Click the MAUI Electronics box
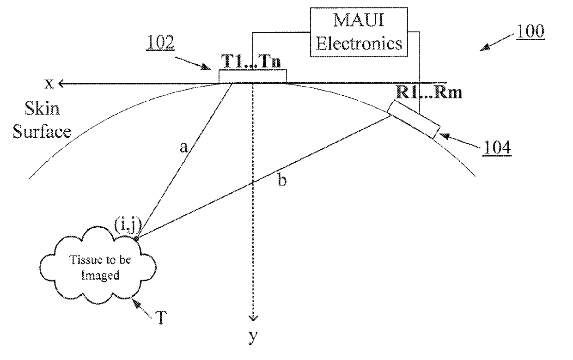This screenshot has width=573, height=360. coord(359,32)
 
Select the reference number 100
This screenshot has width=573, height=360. coord(530,31)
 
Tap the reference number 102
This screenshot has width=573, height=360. coord(160,42)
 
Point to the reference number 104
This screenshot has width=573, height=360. coord(497,147)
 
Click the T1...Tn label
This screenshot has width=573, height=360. coord(251,61)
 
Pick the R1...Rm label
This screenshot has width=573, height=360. coord(429,92)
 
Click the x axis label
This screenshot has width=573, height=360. coord(49,84)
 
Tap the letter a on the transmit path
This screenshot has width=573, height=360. coord(183,147)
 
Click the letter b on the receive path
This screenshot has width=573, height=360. coord(282,180)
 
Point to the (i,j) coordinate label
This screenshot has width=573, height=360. coord(128,226)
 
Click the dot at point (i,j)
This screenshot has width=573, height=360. coord(137,238)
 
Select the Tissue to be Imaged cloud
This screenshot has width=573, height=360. coord(98,265)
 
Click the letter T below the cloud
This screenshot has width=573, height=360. coord(160,318)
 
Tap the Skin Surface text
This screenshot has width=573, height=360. coord(42,120)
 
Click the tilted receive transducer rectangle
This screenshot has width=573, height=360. coord(414,120)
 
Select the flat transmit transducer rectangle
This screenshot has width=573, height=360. coord(253,76)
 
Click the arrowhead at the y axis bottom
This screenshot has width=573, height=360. coord(253,318)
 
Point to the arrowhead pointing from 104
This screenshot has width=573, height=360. coord(445,136)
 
